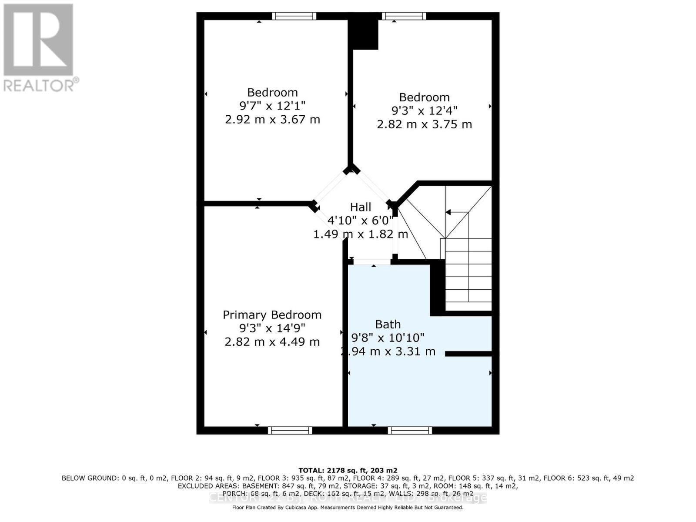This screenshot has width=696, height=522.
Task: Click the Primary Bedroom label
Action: click(x=272, y=315)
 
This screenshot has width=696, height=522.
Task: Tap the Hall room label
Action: click(x=361, y=207)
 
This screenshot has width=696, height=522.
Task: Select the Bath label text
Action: click(x=388, y=324)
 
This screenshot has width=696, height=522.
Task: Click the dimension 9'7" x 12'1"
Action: click(x=272, y=106)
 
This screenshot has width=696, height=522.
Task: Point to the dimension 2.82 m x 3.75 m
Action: click(x=424, y=124)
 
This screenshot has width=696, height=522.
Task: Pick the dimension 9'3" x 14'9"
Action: click(x=272, y=328)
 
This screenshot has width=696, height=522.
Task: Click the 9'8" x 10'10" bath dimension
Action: click(x=388, y=338)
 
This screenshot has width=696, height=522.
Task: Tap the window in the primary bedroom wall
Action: click(x=290, y=430)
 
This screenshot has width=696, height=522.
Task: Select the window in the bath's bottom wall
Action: click(x=410, y=430)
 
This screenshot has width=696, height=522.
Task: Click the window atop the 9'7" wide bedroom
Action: click(x=294, y=16)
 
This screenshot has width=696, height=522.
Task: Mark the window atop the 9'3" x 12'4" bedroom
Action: click(x=404, y=16)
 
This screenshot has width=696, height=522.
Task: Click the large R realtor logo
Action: click(x=38, y=40)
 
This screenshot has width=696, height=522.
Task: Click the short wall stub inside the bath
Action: click(x=468, y=354)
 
